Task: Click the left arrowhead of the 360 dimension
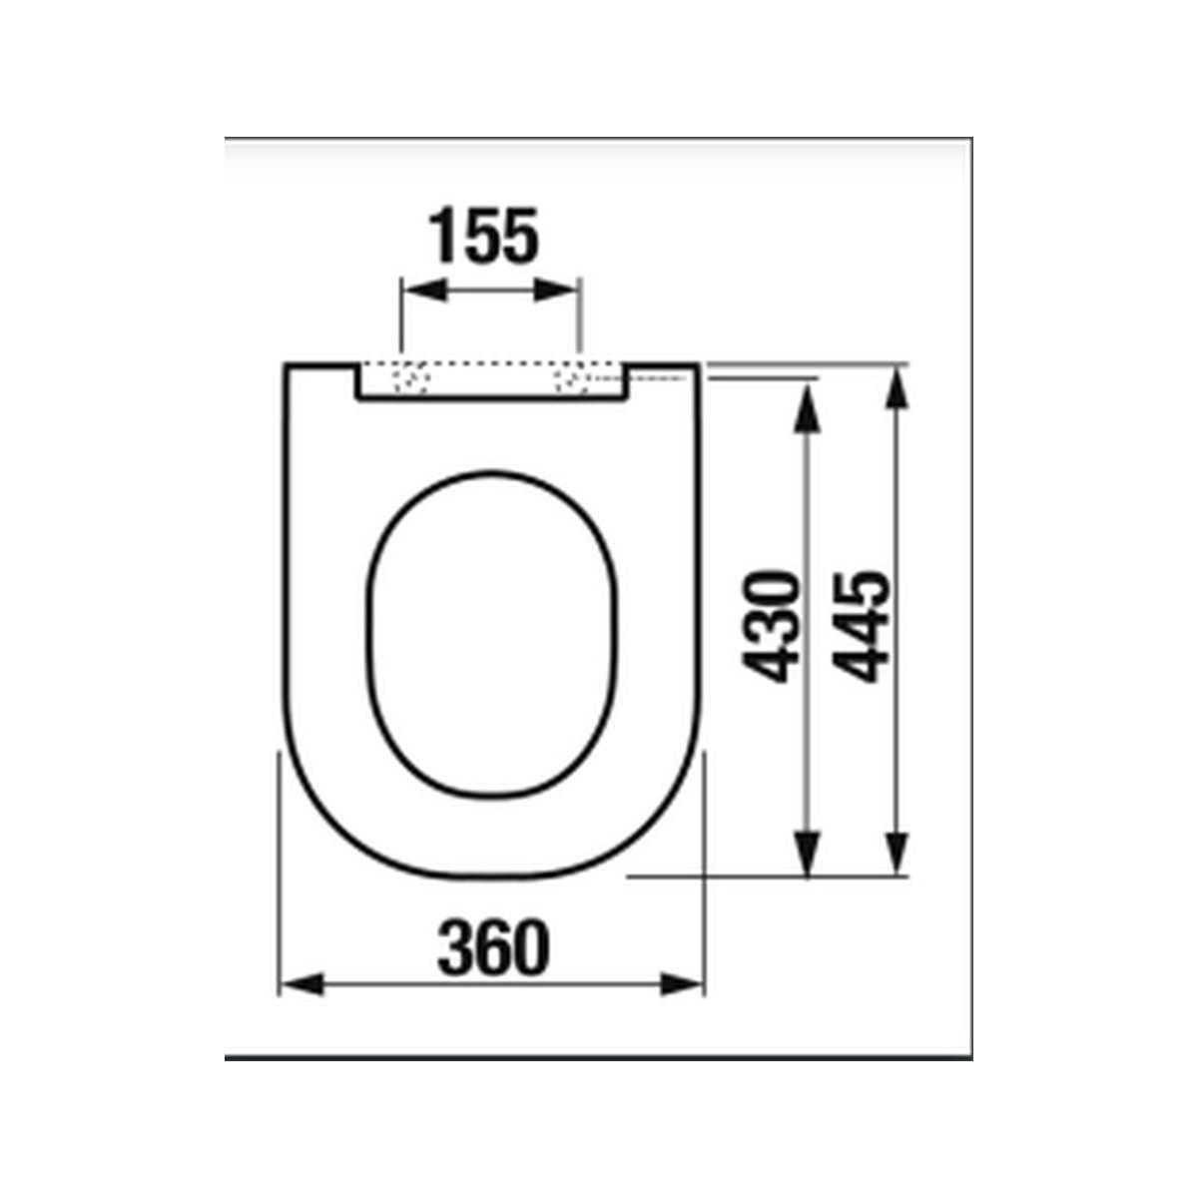coord(302,1001)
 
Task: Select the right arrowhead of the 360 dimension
coord(682,1001)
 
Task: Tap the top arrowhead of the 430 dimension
coord(807,409)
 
